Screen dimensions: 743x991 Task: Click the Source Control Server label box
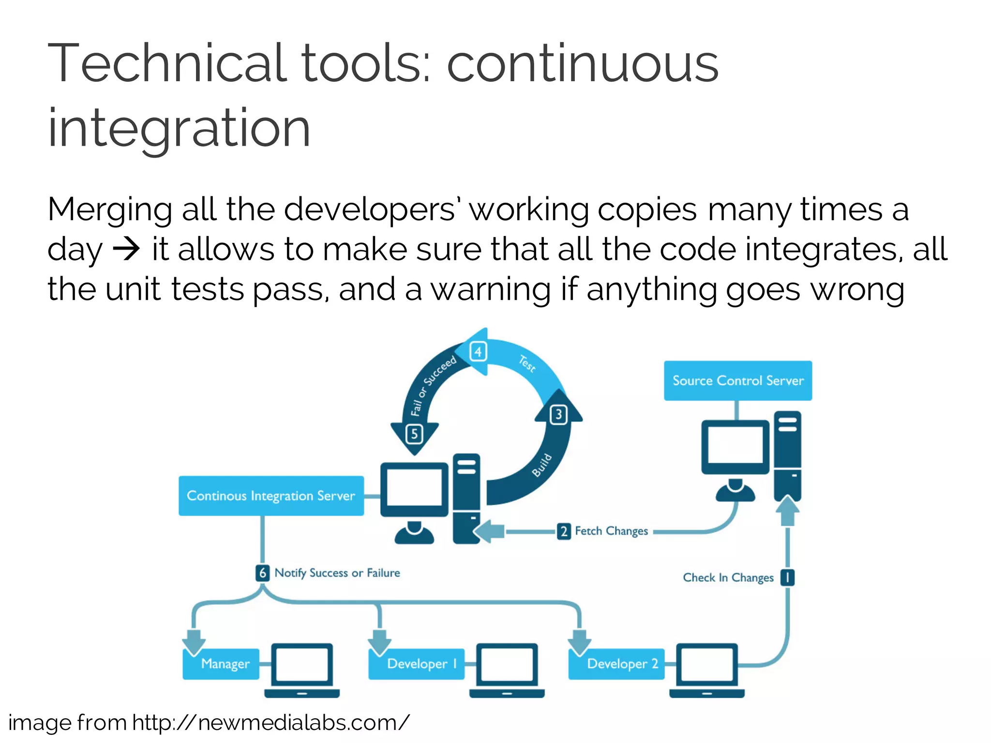(x=737, y=381)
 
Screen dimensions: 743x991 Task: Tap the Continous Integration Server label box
(x=271, y=496)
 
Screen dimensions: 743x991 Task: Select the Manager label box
(x=221, y=664)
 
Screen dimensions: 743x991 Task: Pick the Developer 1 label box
(x=417, y=664)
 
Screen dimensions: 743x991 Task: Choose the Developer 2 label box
(x=616, y=664)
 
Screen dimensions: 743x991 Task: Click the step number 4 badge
(x=478, y=352)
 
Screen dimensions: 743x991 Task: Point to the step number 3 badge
(x=558, y=415)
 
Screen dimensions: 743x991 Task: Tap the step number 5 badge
(x=414, y=434)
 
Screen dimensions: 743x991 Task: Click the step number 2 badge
(x=564, y=531)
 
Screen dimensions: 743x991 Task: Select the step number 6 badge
(x=262, y=573)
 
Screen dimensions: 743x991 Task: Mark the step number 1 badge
(x=788, y=577)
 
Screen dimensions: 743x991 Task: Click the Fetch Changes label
(x=611, y=531)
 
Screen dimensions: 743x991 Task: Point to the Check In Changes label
(x=728, y=578)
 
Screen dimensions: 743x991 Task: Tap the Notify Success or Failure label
(x=337, y=573)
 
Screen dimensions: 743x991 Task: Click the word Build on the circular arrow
(x=542, y=465)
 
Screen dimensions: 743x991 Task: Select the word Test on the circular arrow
(x=527, y=363)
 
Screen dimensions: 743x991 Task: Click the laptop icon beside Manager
(x=302, y=670)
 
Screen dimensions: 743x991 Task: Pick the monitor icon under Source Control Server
(x=735, y=447)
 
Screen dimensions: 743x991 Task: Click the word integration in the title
(x=179, y=128)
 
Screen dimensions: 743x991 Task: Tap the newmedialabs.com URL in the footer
(x=271, y=723)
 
